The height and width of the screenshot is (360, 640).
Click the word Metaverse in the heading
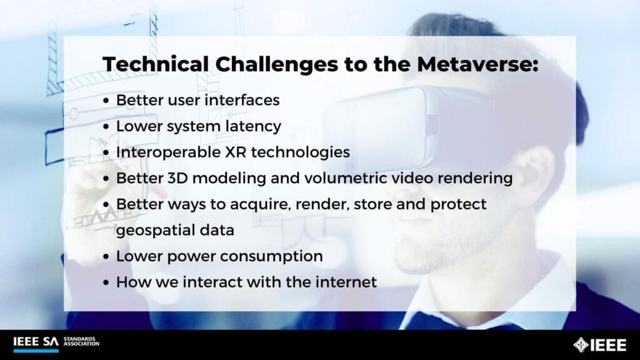click(479, 65)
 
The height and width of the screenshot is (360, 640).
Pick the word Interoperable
click(164, 152)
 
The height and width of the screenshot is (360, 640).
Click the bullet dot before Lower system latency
click(107, 127)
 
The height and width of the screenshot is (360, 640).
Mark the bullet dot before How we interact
click(107, 282)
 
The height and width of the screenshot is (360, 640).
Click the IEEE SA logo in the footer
click(36, 342)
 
